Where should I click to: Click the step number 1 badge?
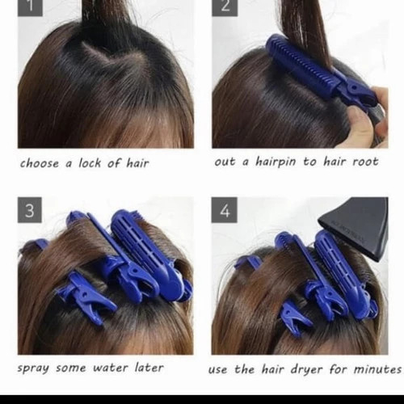[x=30, y=8]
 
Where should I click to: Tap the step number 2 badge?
[x=225, y=8]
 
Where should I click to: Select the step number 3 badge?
[x=30, y=210]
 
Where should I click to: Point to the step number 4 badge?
[x=224, y=210]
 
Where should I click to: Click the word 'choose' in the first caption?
[x=40, y=163]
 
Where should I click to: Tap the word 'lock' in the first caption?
[x=90, y=163]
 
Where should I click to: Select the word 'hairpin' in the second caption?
[x=276, y=162]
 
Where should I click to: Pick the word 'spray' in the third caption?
[x=33, y=368]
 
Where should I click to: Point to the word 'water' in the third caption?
[x=110, y=368]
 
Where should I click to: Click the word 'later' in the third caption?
[x=149, y=368]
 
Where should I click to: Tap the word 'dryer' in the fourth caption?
[x=306, y=369]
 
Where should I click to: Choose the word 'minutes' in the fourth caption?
[x=377, y=369]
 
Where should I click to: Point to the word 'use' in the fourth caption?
[x=217, y=370]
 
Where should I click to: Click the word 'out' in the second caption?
[x=225, y=162]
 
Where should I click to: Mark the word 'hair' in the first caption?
[x=137, y=163]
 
